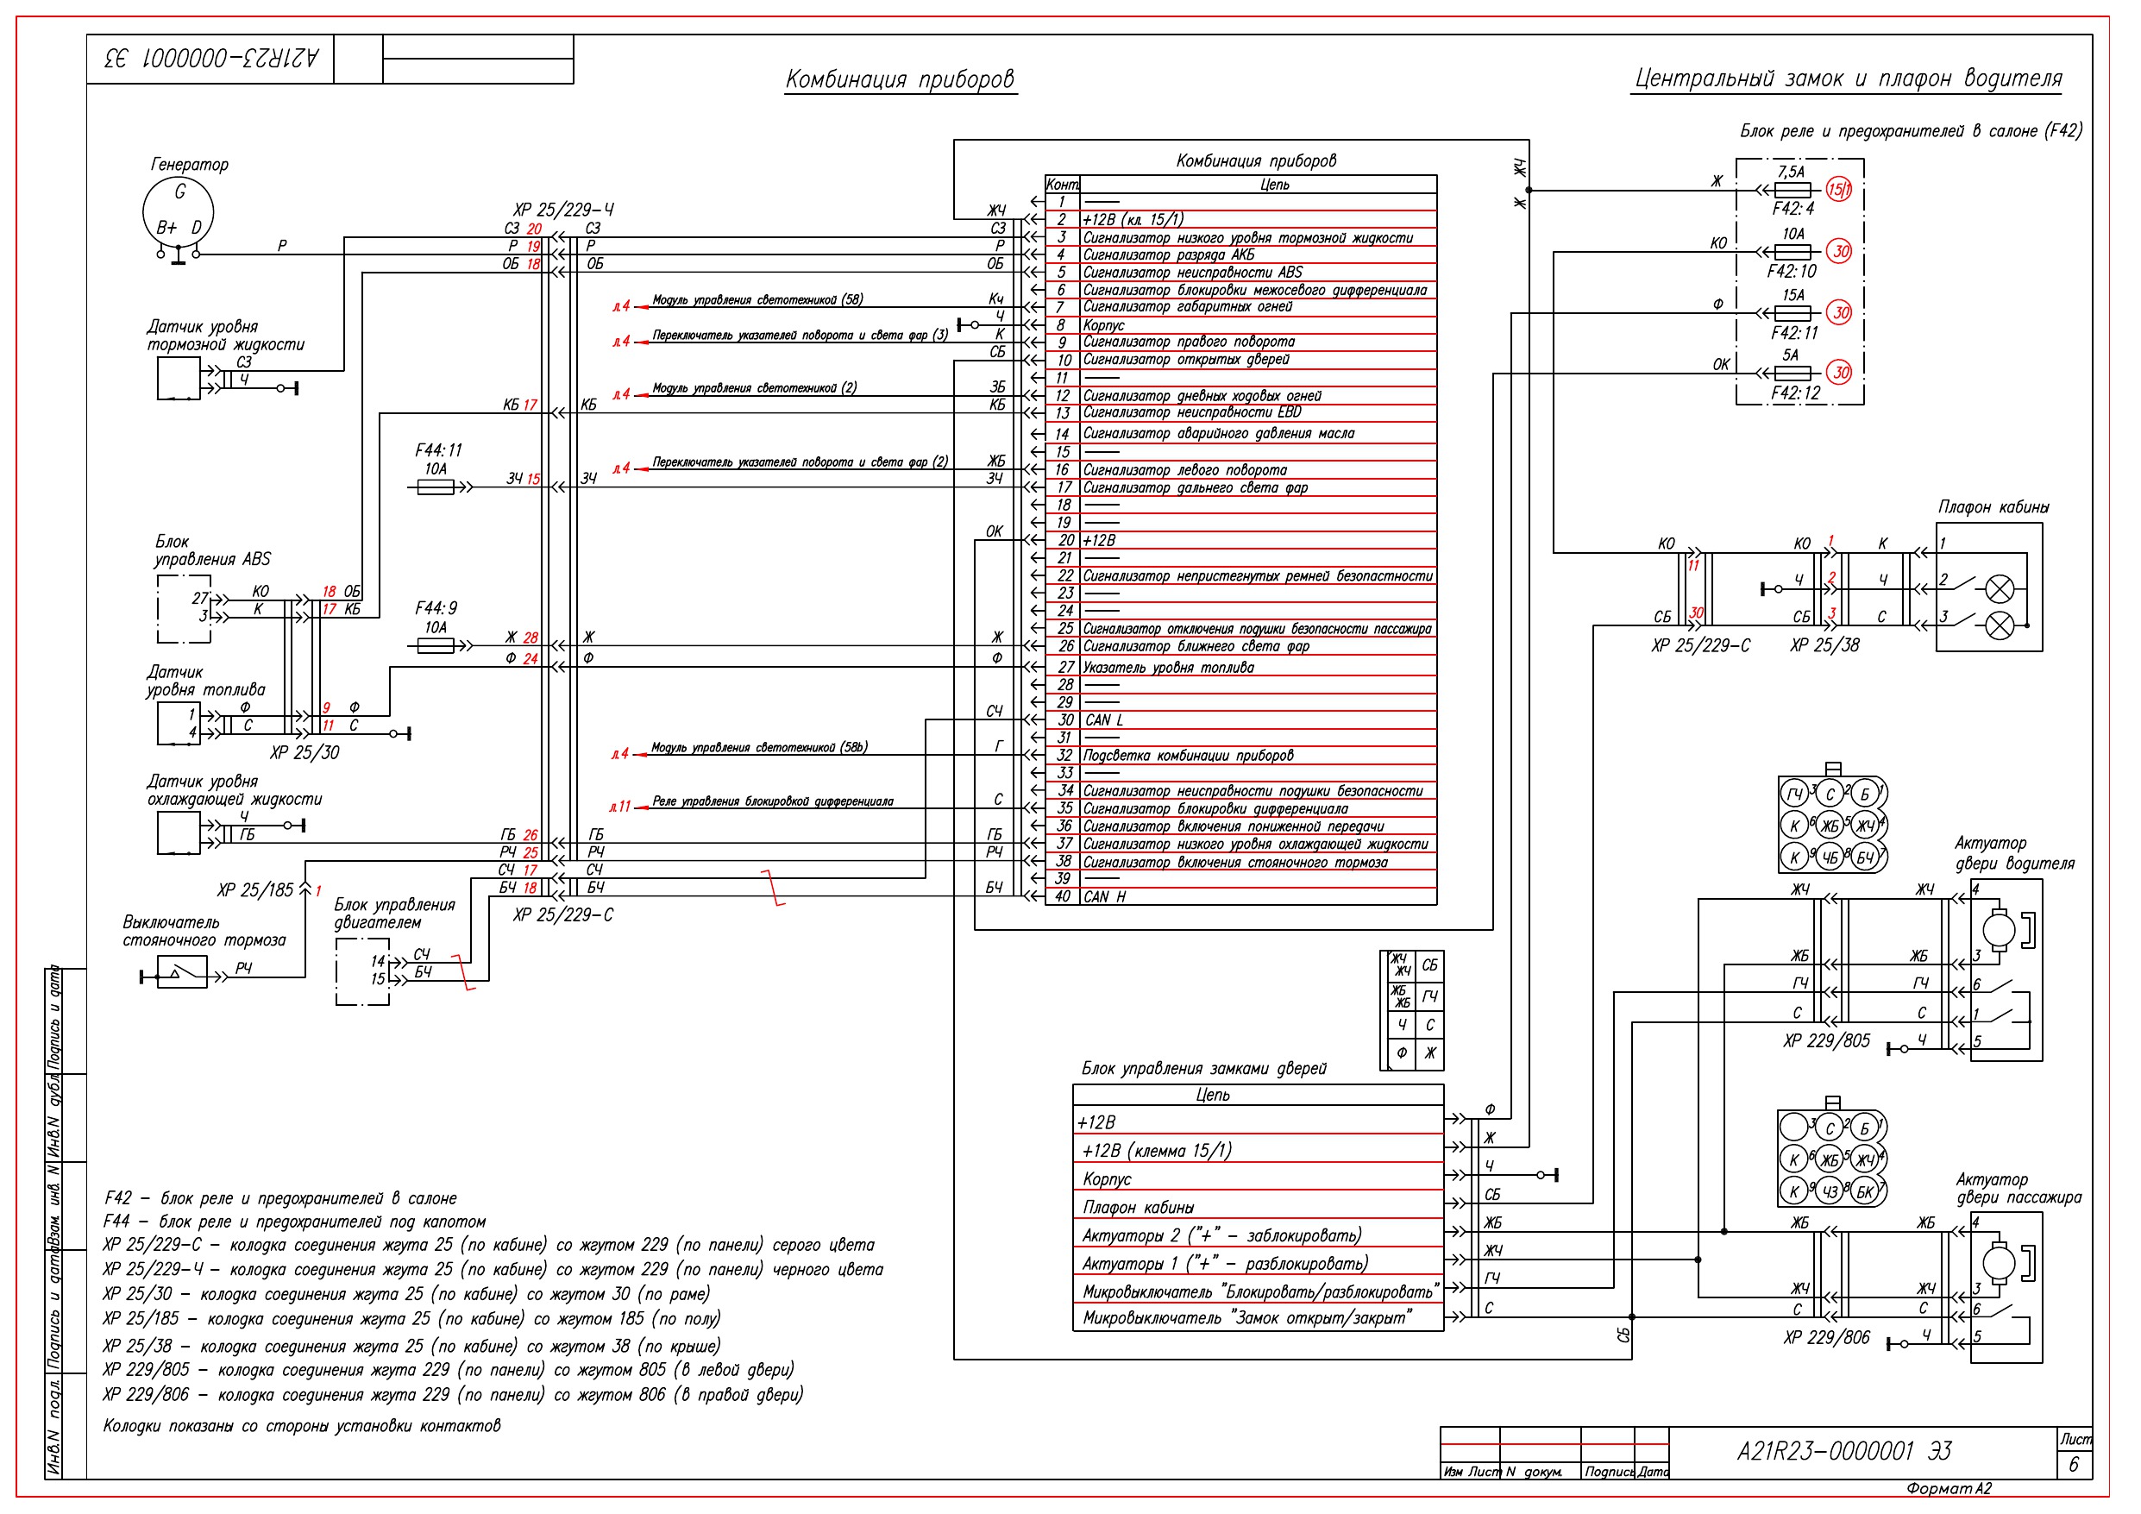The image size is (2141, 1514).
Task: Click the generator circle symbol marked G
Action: click(178, 210)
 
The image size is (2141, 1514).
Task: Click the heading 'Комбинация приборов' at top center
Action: click(899, 79)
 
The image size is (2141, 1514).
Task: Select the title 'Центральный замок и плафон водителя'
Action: click(1849, 79)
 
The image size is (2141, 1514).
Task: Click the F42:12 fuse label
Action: click(1795, 393)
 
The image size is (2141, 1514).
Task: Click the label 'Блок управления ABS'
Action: click(211, 550)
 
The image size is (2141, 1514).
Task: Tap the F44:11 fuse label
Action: click(438, 450)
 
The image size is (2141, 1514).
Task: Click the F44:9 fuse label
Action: click(436, 608)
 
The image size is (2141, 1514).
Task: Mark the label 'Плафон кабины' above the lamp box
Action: click(1993, 507)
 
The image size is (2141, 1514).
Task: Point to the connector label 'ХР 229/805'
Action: click(1826, 1041)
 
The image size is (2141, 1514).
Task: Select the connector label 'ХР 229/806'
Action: click(1826, 1338)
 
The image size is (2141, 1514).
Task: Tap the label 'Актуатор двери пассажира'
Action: click(2018, 1189)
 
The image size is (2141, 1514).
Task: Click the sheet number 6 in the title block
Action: click(2073, 1465)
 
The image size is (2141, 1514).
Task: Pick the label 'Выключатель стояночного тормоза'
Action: click(204, 931)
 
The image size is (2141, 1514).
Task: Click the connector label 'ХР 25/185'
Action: click(254, 891)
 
